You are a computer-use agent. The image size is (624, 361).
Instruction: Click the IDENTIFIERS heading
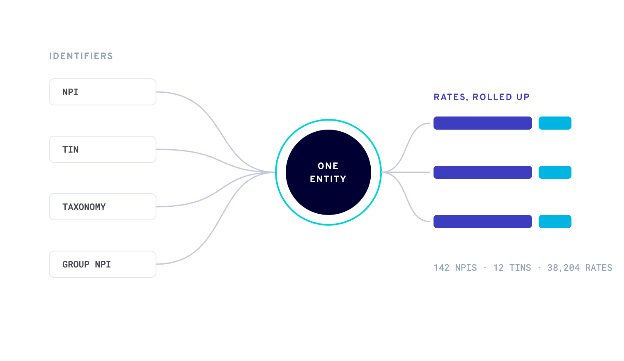tap(81, 56)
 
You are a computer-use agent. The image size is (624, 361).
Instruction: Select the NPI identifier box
tap(103, 92)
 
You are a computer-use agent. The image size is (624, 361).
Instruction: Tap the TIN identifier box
tap(103, 149)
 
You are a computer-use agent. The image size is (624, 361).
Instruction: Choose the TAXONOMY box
tap(103, 207)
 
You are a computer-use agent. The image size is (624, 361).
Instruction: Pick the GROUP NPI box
tap(103, 264)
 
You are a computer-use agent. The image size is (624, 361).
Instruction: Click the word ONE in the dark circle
tap(328, 166)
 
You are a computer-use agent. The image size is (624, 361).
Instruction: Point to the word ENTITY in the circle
tap(328, 179)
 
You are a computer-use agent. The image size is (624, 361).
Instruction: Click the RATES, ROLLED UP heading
tap(482, 97)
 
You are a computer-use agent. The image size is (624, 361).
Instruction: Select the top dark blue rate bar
tap(483, 123)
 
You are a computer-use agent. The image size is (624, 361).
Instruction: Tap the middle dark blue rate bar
tap(483, 172)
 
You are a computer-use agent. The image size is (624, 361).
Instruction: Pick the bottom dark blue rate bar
tap(483, 222)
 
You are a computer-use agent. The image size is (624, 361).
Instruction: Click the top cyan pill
tap(555, 123)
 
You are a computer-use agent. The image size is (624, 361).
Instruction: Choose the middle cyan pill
tap(555, 172)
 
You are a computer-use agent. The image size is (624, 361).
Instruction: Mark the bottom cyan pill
tap(555, 222)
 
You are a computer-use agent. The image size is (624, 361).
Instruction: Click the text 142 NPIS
tap(455, 268)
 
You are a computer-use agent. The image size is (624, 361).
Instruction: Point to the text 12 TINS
tap(512, 268)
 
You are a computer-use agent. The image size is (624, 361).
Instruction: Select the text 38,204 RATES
tap(580, 268)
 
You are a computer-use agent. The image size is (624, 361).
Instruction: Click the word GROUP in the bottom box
tap(76, 265)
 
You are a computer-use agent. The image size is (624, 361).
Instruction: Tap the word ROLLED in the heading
tap(492, 97)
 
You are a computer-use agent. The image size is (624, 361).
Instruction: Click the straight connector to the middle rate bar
tap(406, 172)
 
